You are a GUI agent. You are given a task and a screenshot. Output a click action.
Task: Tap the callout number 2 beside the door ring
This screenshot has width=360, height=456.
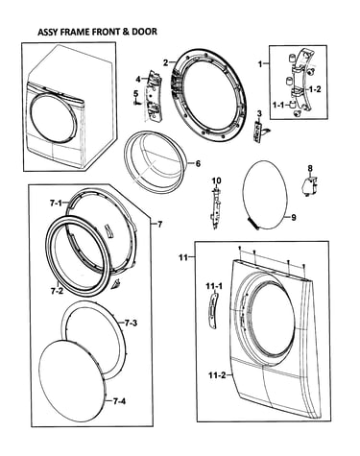pos(165,62)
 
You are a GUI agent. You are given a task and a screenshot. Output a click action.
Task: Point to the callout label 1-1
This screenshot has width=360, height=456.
pos(278,104)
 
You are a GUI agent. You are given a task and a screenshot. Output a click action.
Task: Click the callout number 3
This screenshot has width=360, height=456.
pos(259,113)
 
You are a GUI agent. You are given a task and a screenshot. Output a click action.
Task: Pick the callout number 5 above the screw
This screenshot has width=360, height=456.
pos(135,94)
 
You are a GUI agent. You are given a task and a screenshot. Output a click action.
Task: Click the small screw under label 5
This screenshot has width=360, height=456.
pos(136,103)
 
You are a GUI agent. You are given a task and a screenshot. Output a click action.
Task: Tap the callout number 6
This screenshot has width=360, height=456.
pos(198,163)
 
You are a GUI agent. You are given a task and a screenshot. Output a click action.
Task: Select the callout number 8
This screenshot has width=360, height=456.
pos(310,168)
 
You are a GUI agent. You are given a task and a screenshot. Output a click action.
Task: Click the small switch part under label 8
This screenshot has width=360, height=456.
pos(309,187)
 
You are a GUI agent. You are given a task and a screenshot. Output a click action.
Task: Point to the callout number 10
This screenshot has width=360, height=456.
pos(216,180)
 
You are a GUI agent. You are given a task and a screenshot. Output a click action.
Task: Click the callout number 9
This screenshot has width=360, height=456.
pos(294,218)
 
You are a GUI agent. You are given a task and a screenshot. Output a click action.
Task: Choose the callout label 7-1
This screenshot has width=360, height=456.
pos(56,203)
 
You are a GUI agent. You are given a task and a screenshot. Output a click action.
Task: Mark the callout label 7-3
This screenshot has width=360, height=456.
pos(131,323)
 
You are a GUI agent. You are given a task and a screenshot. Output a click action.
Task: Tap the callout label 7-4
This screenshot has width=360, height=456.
pos(119,400)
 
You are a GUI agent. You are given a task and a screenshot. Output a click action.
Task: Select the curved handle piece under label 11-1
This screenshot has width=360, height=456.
pos(212,310)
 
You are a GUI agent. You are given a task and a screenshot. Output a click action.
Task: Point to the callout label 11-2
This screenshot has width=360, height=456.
pos(217,375)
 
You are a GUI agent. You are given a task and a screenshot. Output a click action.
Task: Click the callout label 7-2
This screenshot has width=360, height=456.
pos(57,291)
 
